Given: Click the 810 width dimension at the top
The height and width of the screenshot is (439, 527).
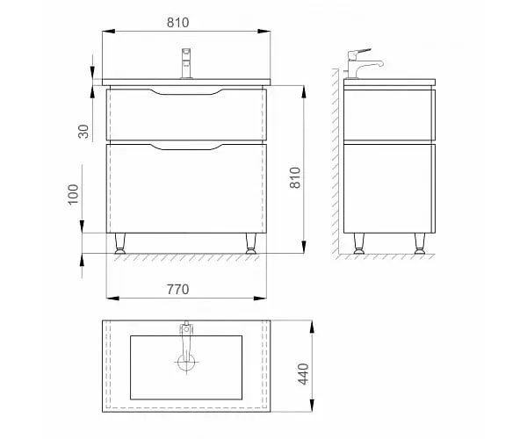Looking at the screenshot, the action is coord(177,23).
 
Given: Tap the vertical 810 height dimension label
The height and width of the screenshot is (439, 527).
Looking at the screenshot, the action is coord(295,177).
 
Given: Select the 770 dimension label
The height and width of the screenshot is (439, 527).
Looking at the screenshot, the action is coord(177,289).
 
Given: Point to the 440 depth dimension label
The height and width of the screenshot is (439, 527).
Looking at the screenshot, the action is coord(303,374).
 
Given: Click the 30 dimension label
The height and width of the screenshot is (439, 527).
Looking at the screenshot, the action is coord(83,132).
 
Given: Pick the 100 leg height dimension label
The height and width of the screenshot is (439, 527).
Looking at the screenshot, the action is coord(73,194).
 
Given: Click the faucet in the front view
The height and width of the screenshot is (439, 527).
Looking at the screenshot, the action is coord(186,63).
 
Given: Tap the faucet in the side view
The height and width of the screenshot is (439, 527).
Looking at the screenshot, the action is coord(364,64).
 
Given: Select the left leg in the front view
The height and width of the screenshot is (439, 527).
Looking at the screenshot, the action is coord(120,243).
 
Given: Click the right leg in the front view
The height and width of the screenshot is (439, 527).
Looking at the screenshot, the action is coord(250,243).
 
